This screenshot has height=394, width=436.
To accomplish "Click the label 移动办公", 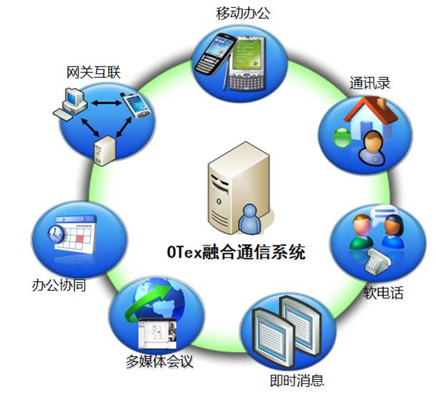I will [x=243, y=12].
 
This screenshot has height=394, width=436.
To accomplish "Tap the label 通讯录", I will [x=370, y=83].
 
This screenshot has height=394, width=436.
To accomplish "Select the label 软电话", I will [x=383, y=293].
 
